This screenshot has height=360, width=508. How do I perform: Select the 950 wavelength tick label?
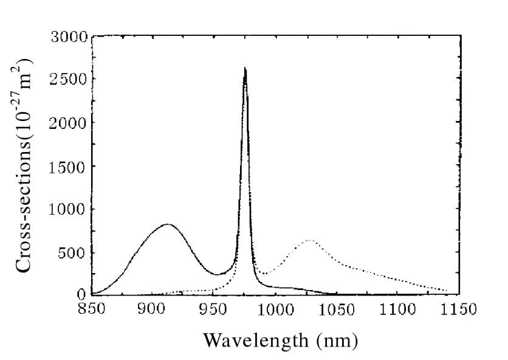(x=213, y=308)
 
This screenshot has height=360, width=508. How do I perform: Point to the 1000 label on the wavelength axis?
(x=275, y=308)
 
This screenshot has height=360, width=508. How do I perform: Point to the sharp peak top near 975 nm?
(x=245, y=68)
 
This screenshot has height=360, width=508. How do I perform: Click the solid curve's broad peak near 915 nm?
(x=167, y=224)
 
